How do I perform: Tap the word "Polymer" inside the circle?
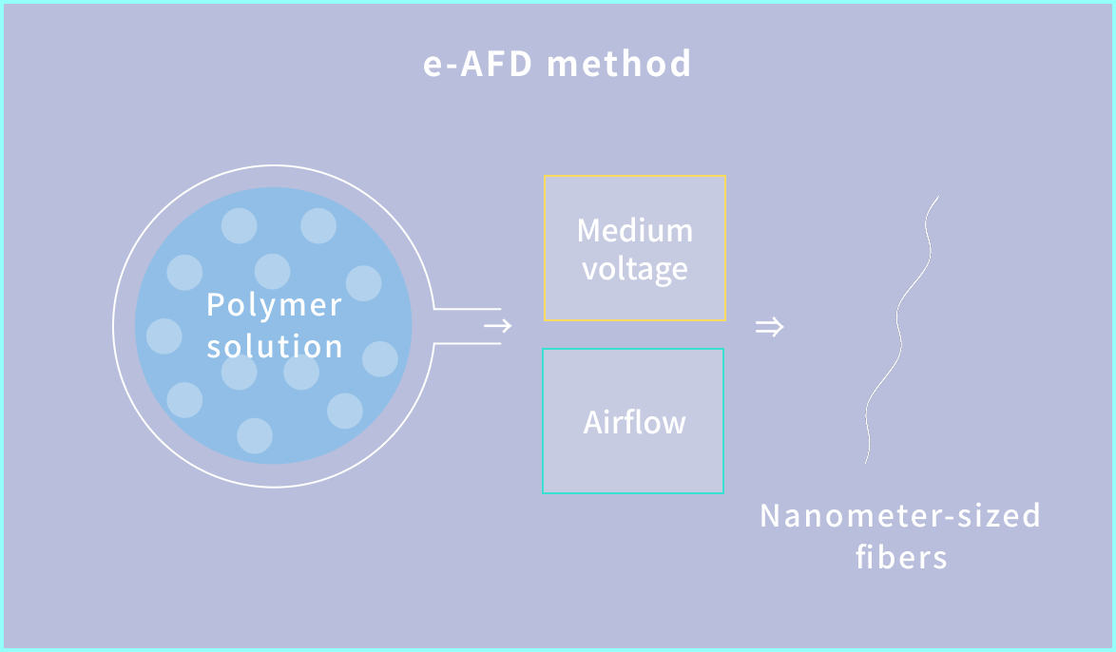[x=274, y=306]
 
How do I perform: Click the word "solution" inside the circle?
[x=275, y=346]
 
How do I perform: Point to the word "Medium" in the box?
[x=635, y=230]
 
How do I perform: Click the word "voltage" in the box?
[x=635, y=269]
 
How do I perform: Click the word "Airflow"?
[x=634, y=422]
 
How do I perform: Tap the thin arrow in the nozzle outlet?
[x=498, y=327]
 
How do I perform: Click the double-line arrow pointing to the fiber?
[x=769, y=328]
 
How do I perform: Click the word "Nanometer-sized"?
[x=900, y=516]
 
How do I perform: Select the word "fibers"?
[x=901, y=556]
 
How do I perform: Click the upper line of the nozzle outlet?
[x=468, y=309]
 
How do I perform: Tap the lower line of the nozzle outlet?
[x=468, y=343]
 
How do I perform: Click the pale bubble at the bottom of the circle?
[x=255, y=435]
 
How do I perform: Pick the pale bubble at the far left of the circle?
[x=164, y=336]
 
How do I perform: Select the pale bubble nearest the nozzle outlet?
[x=379, y=358]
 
